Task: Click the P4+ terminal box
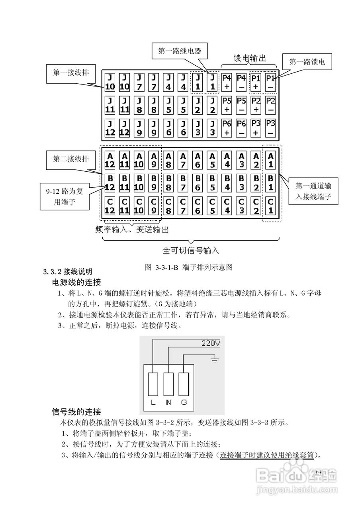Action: tap(227, 82)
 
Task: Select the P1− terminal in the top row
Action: tap(271, 82)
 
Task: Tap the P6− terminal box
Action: tap(241, 128)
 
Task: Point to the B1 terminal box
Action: tap(271, 182)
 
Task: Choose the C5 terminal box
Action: tap(212, 206)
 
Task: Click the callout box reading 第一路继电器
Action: tap(179, 51)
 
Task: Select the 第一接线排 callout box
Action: tap(71, 73)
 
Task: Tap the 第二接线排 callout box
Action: tap(71, 159)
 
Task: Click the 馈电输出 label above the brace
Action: tap(250, 58)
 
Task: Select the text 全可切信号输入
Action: tap(191, 251)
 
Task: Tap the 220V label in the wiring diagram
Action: tap(210, 343)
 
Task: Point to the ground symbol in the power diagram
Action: tap(215, 361)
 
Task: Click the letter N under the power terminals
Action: tap(168, 402)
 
